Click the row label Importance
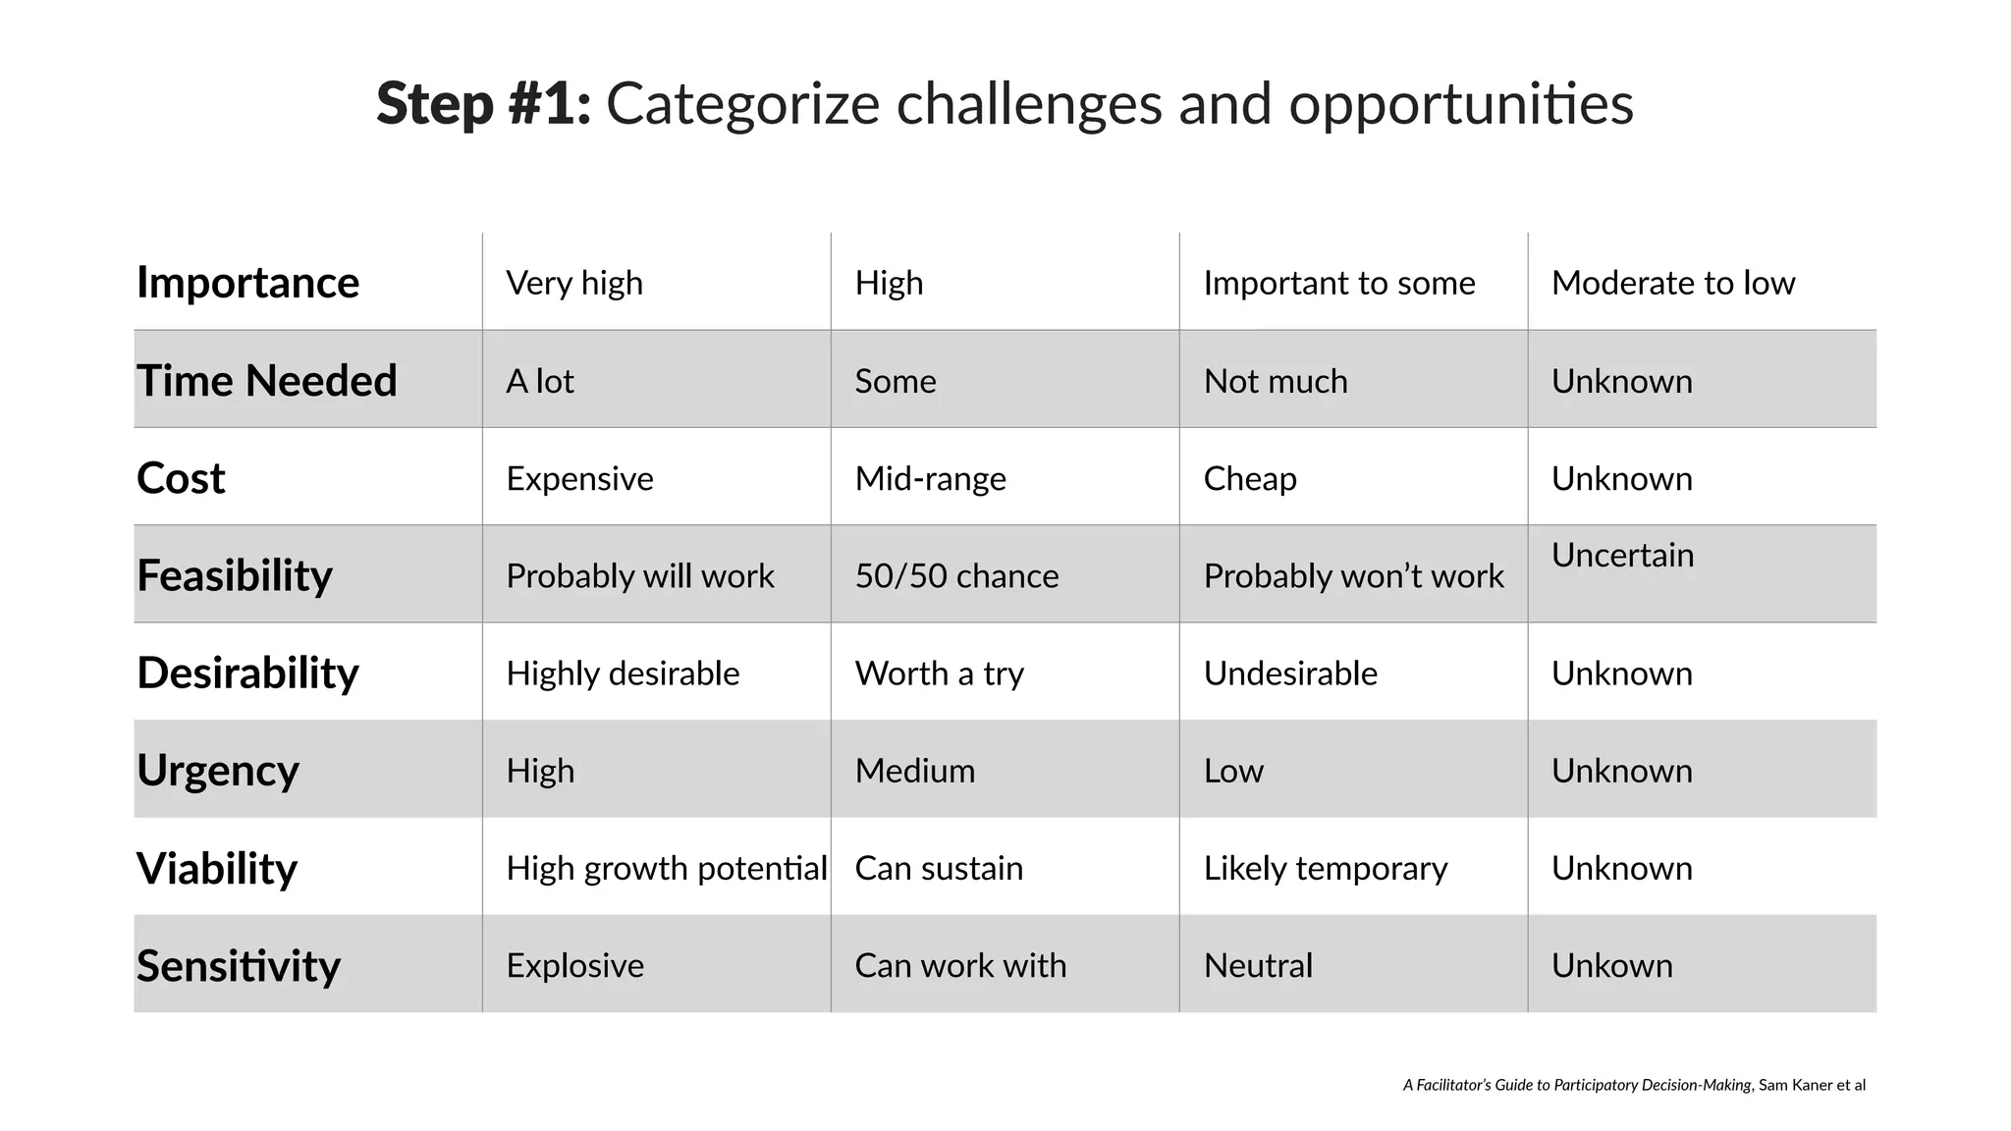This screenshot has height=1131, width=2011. [x=247, y=283]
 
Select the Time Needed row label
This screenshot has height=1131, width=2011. [x=266, y=381]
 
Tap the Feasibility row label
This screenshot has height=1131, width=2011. [x=235, y=575]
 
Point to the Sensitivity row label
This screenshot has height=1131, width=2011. [x=239, y=966]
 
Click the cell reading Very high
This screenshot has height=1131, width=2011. [x=574, y=283]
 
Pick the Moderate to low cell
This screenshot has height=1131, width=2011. [x=1672, y=283]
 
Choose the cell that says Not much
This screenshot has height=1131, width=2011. [x=1276, y=381]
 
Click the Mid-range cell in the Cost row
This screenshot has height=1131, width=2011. [x=930, y=478]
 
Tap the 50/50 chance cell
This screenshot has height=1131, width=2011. [x=956, y=575]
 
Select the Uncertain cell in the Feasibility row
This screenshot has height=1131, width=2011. [x=1622, y=556]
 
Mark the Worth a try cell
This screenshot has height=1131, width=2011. [x=939, y=673]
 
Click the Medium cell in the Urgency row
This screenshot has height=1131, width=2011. [x=914, y=771]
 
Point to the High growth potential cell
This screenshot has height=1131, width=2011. [x=667, y=868]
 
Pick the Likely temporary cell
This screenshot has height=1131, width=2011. [x=1325, y=868]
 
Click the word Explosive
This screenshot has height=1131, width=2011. [x=574, y=966]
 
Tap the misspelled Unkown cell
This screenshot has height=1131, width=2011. [x=1611, y=966]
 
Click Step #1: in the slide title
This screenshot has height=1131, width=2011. [x=483, y=104]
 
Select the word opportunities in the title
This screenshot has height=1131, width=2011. [x=1460, y=104]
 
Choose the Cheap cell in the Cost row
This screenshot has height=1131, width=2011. [x=1250, y=478]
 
